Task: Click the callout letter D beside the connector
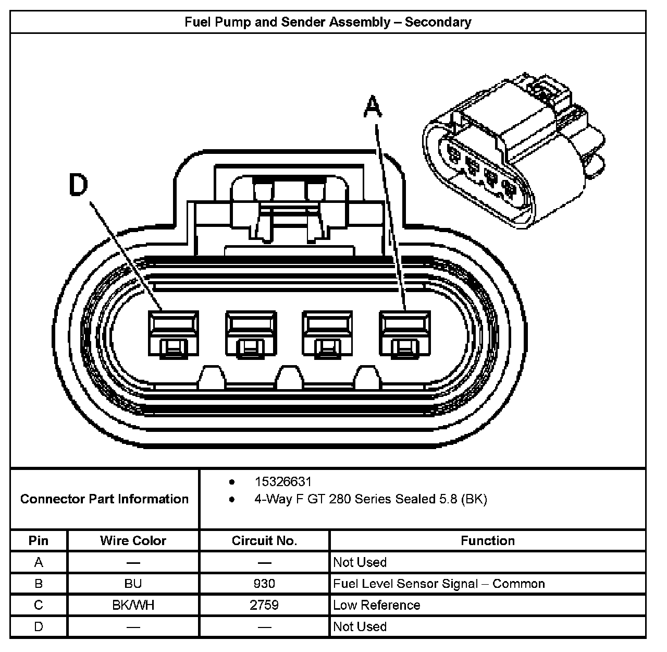tap(79, 185)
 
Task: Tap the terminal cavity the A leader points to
tap(405, 334)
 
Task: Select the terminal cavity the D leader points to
tap(173, 334)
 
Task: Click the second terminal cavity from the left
tap(250, 334)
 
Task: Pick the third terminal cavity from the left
tap(327, 334)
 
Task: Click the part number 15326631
tap(283, 481)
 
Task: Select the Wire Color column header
tap(133, 541)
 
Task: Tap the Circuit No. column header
tap(264, 541)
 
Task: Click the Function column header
tap(487, 541)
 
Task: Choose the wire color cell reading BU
tap(133, 584)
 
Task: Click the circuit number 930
tap(264, 584)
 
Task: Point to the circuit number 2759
tap(264, 605)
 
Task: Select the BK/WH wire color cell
tap(133, 605)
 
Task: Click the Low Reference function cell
tap(376, 605)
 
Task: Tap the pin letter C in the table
tap(39, 605)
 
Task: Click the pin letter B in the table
tap(39, 584)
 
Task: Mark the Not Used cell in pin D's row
tap(360, 626)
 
